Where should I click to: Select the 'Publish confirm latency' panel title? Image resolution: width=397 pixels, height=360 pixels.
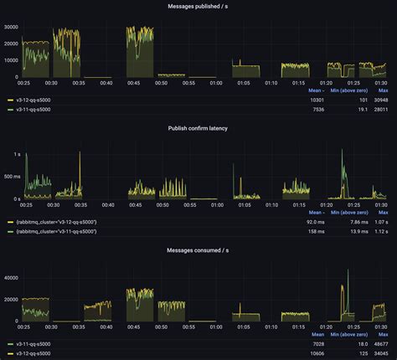point(198,128)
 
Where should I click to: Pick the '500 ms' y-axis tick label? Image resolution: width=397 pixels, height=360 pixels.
point(12,177)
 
